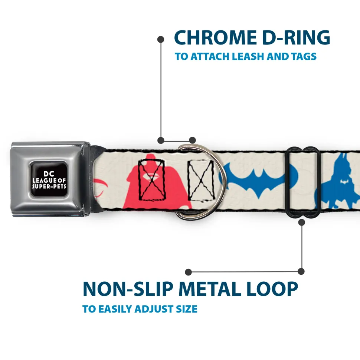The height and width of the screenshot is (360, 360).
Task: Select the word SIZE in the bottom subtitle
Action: click(185, 309)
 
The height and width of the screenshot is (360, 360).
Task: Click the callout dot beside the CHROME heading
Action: click(161, 39)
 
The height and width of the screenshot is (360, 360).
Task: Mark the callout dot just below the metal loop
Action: click(302, 222)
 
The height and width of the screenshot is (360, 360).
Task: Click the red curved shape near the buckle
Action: click(101, 188)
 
